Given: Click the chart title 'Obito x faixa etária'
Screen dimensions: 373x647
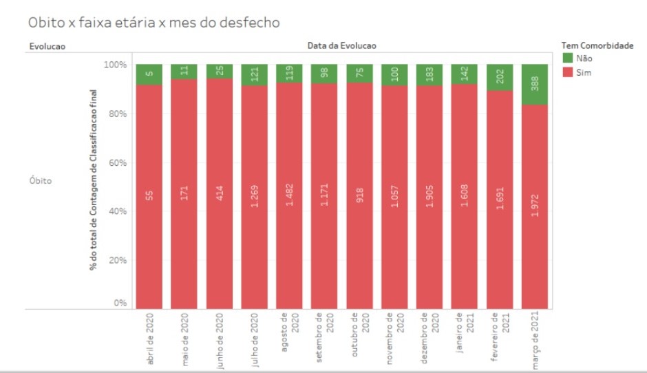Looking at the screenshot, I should pos(153,22).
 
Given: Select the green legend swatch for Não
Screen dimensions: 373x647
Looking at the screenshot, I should pos(567,58).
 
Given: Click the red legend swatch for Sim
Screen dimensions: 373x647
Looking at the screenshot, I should pos(567,72).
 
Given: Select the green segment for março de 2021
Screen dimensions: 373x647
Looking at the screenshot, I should pos(535,84).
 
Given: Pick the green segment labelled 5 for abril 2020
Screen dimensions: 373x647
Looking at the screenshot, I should pos(149,74).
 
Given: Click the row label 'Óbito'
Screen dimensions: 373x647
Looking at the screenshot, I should pos(41,181).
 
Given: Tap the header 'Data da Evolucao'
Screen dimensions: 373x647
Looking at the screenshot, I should pos(342,45).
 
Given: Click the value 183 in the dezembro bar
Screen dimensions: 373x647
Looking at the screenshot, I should pos(429,74).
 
